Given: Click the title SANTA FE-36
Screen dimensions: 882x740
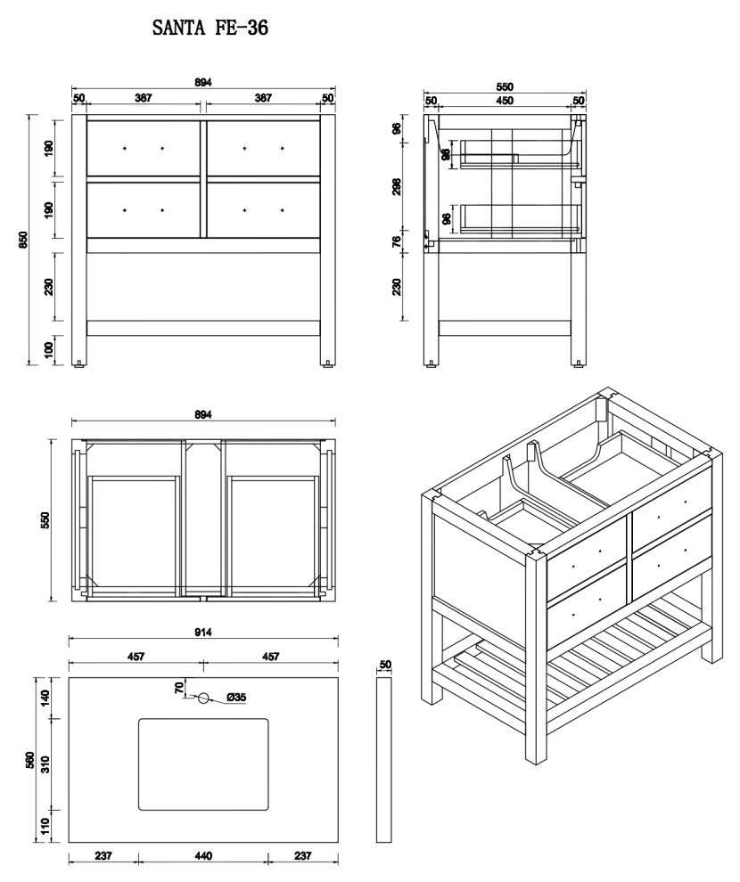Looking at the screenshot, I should pyautogui.click(x=211, y=29).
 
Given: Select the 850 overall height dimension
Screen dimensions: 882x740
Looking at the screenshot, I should pyautogui.click(x=24, y=240).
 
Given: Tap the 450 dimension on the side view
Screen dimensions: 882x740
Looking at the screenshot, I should pyautogui.click(x=504, y=101).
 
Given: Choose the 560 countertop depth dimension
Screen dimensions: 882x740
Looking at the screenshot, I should pyautogui.click(x=29, y=760).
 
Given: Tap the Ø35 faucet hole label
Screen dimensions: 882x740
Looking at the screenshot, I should pyautogui.click(x=236, y=698).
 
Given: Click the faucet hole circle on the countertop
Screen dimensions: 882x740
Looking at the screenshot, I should pyautogui.click(x=203, y=698).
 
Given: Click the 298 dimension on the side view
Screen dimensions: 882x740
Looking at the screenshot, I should pyautogui.click(x=398, y=185).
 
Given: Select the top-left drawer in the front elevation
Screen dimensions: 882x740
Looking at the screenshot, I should pyautogui.click(x=144, y=148).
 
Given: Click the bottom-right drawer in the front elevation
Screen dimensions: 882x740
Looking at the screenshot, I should pyautogui.click(x=263, y=210).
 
